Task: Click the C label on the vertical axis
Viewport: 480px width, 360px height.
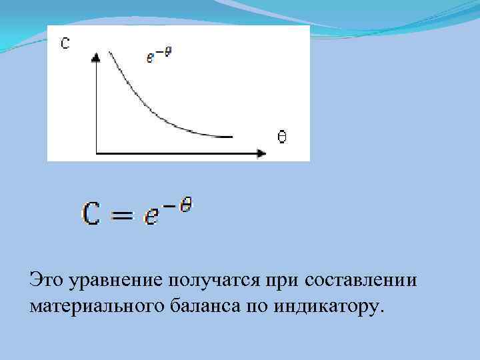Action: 65,43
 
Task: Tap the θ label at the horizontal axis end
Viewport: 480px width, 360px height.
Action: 282,137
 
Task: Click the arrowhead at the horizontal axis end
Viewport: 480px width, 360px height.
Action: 261,154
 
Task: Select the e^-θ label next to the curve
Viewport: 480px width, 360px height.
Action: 159,55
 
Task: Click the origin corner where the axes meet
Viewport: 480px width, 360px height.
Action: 97,154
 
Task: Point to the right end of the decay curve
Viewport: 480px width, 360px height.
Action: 232,137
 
